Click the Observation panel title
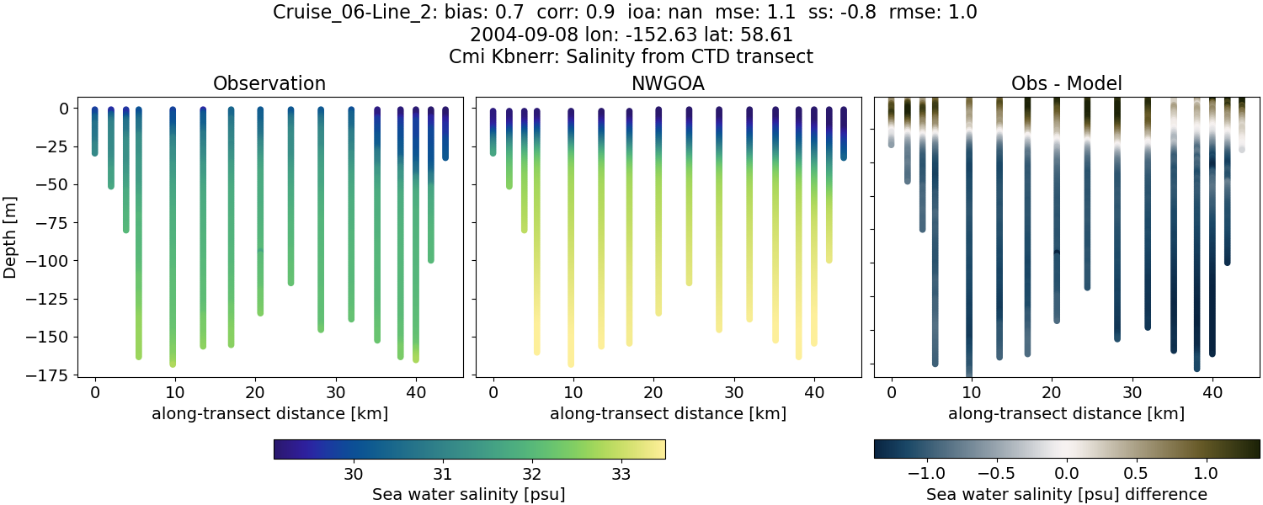(269, 83)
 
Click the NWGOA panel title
(668, 83)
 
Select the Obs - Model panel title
(1066, 83)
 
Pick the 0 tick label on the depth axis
(62, 109)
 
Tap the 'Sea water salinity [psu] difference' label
(1066, 494)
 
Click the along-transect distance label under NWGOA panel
(668, 413)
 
